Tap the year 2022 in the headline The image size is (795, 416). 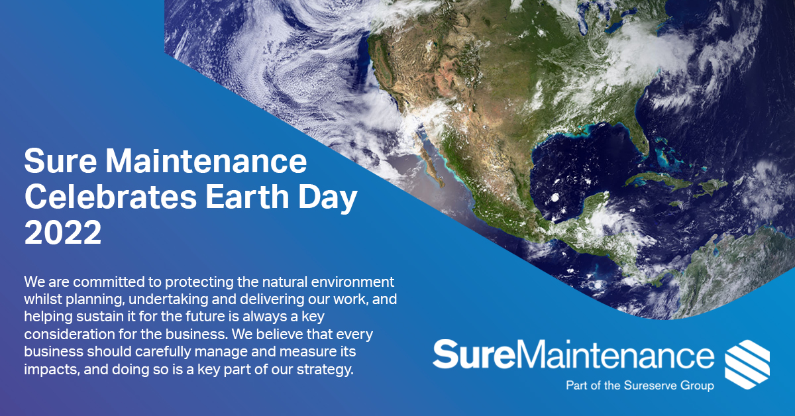coord(63,233)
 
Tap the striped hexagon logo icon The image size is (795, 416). coord(747,366)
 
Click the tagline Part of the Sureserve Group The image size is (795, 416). coord(639,385)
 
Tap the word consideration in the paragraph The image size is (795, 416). coord(65,335)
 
